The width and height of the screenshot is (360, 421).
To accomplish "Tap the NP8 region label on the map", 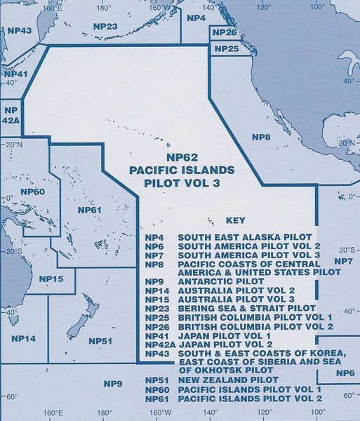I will [x=260, y=138].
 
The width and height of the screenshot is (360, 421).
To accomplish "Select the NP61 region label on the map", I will [x=90, y=210].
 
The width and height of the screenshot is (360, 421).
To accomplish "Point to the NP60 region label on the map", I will [x=32, y=192].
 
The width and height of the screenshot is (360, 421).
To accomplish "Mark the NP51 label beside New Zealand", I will [x=100, y=341].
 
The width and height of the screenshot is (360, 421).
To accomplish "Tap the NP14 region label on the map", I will [x=23, y=338].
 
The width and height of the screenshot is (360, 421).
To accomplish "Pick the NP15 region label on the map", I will [x=51, y=279].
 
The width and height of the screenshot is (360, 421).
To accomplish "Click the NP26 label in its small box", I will [x=224, y=33].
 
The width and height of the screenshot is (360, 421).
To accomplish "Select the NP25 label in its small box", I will [x=226, y=49].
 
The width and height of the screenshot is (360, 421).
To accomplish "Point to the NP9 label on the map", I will [x=113, y=383].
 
